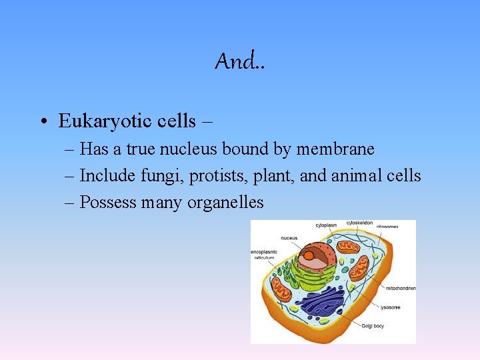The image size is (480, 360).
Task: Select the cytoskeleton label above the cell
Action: [359, 223]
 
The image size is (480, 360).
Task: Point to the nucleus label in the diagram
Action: [289, 237]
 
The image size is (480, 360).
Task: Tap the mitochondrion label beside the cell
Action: [401, 288]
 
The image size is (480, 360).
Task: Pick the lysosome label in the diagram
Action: [391, 307]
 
